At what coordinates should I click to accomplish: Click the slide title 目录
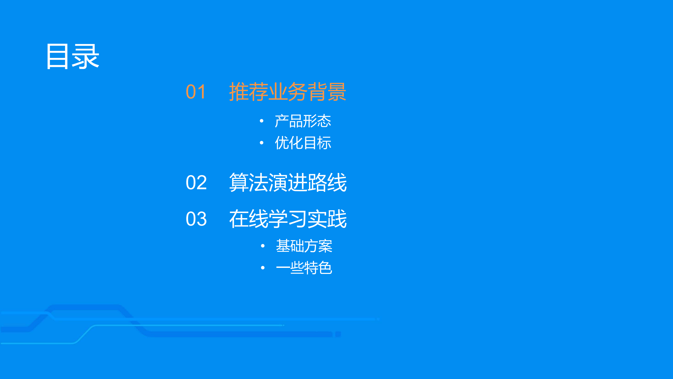click(x=73, y=56)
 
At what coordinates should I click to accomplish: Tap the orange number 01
click(x=196, y=92)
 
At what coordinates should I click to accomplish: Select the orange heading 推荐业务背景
click(x=287, y=92)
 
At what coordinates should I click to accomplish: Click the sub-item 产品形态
click(x=303, y=121)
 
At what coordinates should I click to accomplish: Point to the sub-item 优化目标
click(x=303, y=143)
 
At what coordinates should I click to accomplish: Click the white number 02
click(x=196, y=183)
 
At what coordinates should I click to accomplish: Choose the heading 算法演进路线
click(x=288, y=183)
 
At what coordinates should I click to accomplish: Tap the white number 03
click(x=196, y=219)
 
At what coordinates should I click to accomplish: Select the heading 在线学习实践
click(x=288, y=219)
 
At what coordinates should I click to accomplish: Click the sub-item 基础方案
click(x=304, y=246)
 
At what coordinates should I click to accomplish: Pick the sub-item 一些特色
click(x=304, y=268)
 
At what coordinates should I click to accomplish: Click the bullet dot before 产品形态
click(x=261, y=121)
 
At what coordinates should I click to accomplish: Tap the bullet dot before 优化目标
click(x=261, y=143)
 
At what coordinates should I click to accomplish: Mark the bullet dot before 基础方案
click(x=262, y=246)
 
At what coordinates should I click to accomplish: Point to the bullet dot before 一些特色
click(x=262, y=268)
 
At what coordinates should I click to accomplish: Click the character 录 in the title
click(x=85, y=56)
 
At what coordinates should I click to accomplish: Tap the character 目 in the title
click(x=57, y=56)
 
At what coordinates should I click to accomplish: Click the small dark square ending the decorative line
click(x=338, y=334)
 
